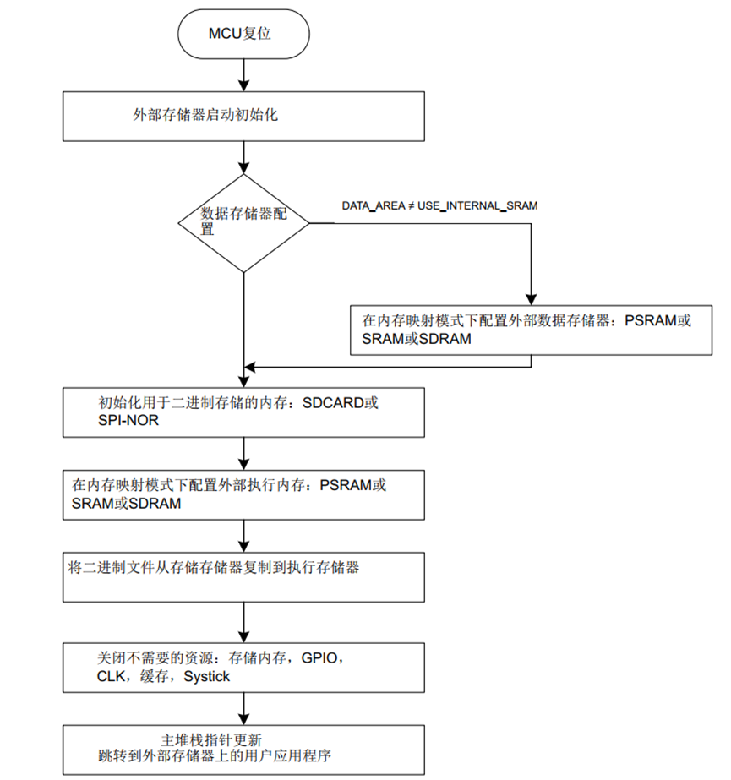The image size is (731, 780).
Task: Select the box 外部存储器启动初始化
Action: pos(243,116)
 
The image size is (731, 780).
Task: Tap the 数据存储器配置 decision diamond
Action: pos(243,223)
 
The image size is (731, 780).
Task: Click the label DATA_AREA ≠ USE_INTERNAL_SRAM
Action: pos(439,205)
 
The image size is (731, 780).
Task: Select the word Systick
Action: pos(206,676)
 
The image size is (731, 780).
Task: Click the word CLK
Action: pos(111,676)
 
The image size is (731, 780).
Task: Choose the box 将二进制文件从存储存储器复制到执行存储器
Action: pos(243,576)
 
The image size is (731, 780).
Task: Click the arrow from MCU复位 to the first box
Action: pos(243,75)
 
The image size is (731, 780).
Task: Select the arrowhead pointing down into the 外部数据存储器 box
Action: pos(531,297)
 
